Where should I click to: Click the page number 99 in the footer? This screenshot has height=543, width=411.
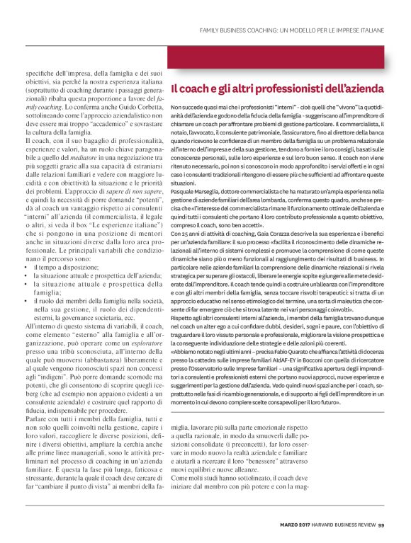(x=381, y=525)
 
